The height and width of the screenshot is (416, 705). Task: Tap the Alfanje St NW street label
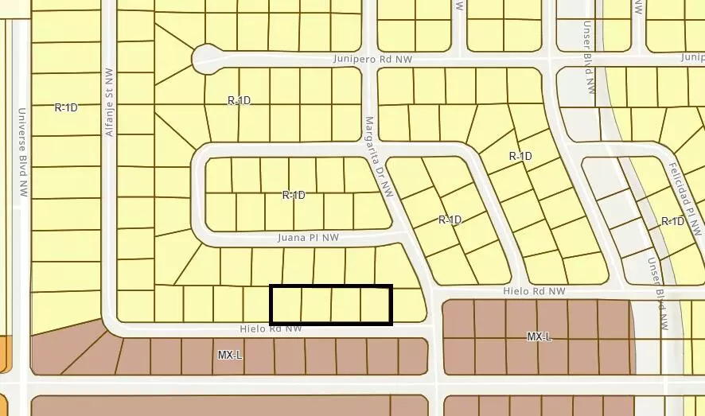(x=110, y=102)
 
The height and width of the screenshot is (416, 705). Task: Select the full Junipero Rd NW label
(x=373, y=60)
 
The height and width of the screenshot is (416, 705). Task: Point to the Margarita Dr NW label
(x=380, y=157)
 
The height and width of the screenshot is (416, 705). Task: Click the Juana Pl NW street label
(x=308, y=237)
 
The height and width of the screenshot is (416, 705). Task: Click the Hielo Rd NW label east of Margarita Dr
(x=534, y=292)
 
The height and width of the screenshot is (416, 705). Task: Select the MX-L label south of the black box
(x=229, y=355)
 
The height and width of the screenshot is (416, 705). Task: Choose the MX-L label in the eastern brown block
(x=539, y=337)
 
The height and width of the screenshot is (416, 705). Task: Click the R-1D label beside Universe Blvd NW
(x=66, y=107)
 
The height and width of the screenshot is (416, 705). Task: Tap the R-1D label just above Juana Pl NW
(x=294, y=195)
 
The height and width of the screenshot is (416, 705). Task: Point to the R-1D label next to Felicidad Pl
(x=672, y=221)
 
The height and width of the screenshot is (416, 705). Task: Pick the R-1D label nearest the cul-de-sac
(x=239, y=100)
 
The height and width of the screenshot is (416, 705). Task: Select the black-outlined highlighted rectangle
(x=331, y=305)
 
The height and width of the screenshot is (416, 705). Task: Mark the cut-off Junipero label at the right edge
(x=693, y=57)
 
